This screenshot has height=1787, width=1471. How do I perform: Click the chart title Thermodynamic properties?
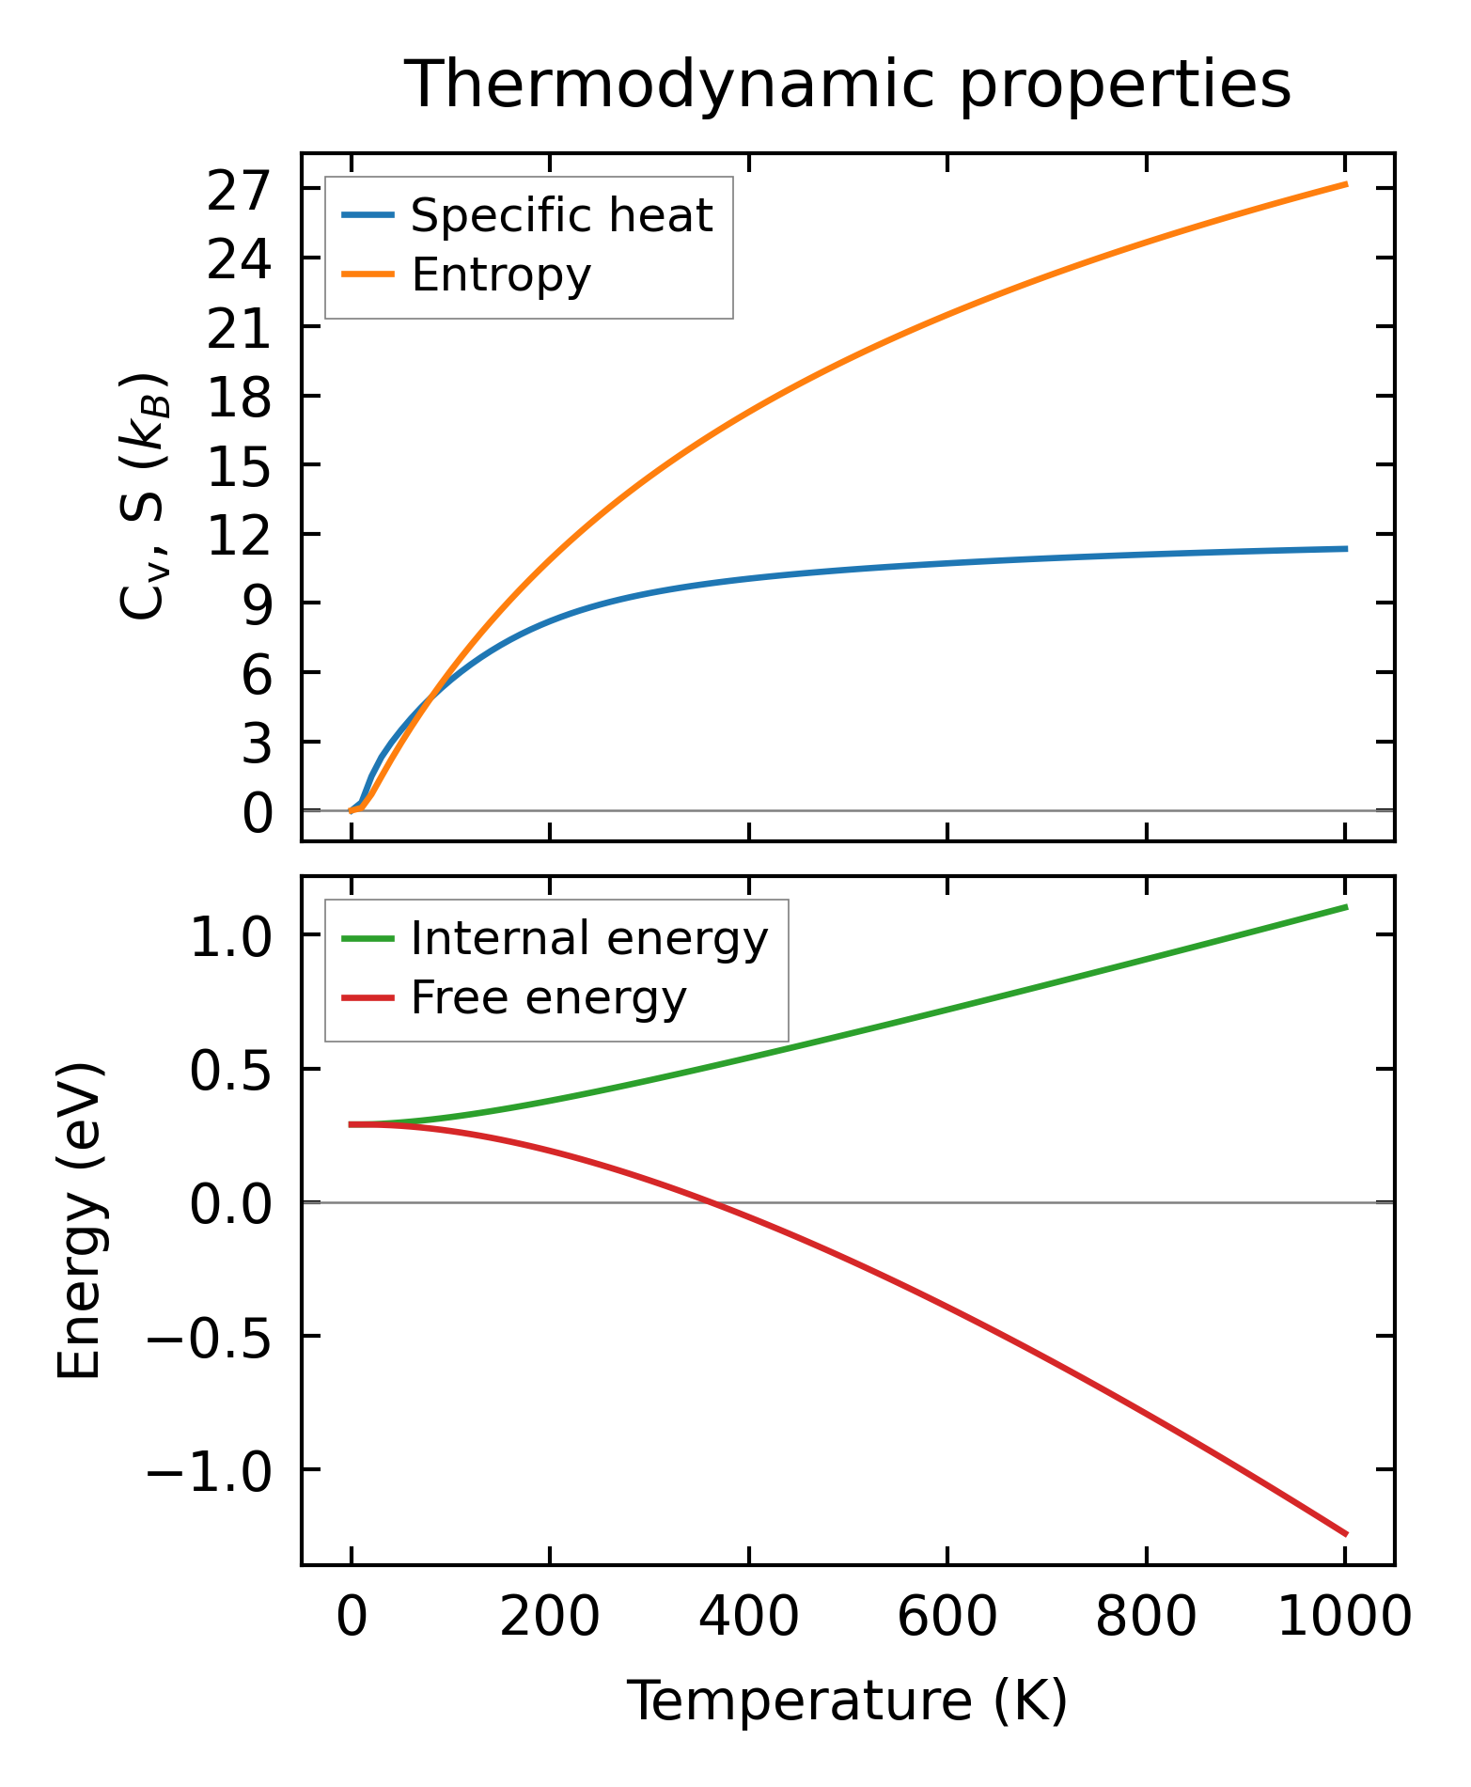click(x=847, y=85)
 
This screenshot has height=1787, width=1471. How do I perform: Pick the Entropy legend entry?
click(x=501, y=274)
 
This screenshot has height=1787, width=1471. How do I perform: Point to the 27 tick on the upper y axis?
click(x=239, y=190)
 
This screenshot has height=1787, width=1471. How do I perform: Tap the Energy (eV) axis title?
click(x=79, y=1221)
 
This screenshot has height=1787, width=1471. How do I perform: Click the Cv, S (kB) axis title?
click(x=145, y=496)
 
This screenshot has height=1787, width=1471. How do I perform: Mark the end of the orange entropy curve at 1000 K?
click(x=1346, y=184)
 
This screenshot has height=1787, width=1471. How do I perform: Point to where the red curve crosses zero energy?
click(x=712, y=1202)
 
